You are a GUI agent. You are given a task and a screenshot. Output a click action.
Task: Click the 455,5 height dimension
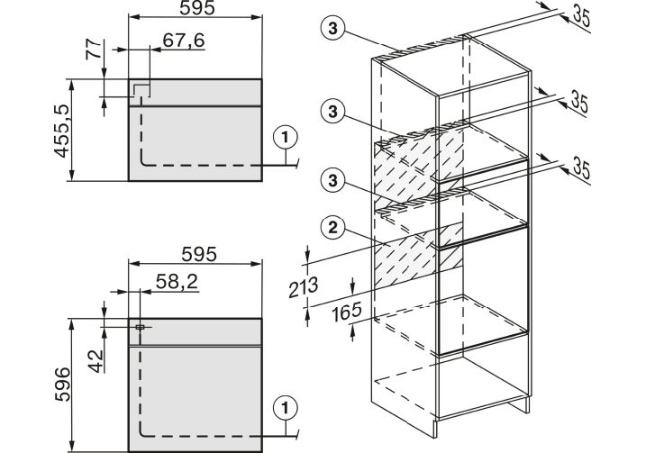click(x=62, y=130)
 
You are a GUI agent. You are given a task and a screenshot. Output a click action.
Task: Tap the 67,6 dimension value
click(x=184, y=41)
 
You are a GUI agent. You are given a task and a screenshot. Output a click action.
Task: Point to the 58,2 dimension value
click(x=177, y=282)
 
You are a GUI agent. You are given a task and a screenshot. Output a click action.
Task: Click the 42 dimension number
click(x=96, y=361)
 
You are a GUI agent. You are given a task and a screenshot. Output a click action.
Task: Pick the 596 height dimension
click(x=62, y=385)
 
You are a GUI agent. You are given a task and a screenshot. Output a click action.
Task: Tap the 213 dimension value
click(x=304, y=286)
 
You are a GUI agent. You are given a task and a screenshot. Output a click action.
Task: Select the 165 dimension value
click(x=347, y=312)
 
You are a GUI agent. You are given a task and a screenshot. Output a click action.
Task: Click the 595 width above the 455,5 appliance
click(x=197, y=8)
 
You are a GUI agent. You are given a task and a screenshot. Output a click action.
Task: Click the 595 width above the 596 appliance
click(x=199, y=255)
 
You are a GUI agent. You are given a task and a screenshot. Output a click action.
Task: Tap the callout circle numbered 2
click(x=333, y=227)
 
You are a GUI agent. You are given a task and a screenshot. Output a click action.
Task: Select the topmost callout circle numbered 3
click(x=332, y=29)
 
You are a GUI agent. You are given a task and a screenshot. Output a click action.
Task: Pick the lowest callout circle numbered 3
click(x=332, y=180)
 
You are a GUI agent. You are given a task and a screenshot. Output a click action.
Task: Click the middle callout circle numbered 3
click(x=332, y=112)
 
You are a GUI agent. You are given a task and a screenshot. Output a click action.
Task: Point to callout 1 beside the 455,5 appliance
click(x=285, y=137)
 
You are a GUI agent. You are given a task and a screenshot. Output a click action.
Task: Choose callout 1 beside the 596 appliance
click(x=285, y=408)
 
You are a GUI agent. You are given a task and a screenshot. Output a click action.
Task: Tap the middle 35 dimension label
click(x=578, y=102)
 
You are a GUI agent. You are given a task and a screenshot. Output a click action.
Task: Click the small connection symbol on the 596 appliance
click(x=140, y=328)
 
